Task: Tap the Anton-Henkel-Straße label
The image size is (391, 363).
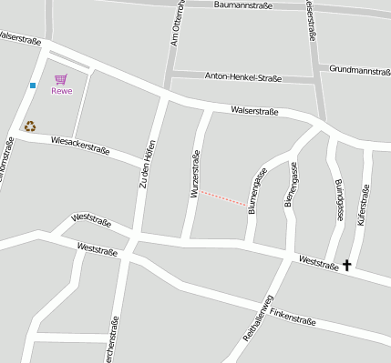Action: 243,78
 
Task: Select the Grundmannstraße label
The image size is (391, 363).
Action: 359,69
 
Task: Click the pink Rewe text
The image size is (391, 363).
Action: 61,91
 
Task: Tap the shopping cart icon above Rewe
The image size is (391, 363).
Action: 60,79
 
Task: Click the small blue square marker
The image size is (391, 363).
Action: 33,86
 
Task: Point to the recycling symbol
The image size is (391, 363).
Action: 30,127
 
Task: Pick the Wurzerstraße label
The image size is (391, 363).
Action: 194,176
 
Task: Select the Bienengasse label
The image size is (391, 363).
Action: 291,186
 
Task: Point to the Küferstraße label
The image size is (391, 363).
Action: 364,206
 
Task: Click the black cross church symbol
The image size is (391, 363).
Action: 346,266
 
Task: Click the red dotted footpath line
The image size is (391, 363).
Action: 222,197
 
